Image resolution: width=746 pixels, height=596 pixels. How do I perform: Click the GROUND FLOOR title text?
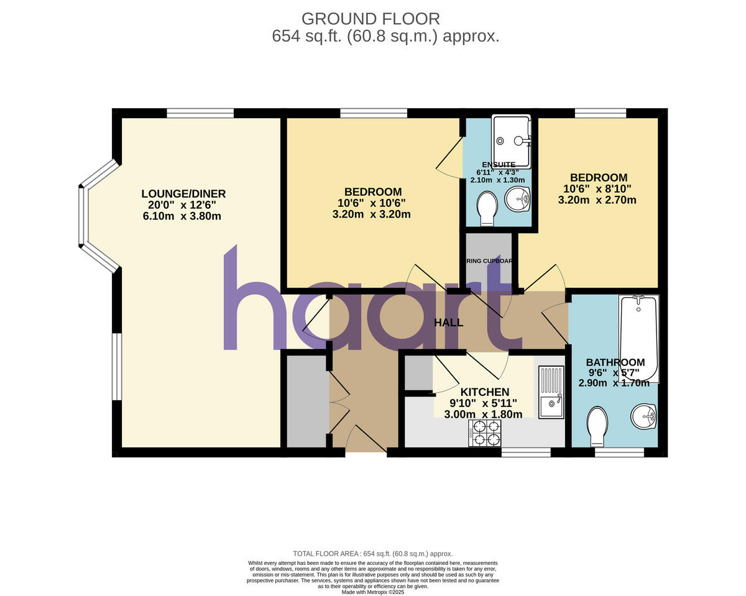point(371,19)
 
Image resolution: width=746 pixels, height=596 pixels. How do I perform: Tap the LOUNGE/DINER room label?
point(183,194)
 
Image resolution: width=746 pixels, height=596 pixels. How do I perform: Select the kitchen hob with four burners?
point(485,433)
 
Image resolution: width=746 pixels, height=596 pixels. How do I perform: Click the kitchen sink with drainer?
point(551,393)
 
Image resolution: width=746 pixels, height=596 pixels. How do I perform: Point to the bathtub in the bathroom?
point(638,338)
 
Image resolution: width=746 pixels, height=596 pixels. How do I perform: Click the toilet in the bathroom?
point(597,426)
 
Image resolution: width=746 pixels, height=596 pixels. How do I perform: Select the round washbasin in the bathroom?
point(643,416)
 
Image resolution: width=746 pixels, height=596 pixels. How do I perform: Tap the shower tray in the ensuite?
point(511,141)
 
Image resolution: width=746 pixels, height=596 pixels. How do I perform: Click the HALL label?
point(448,323)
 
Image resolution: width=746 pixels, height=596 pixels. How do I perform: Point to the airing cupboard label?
point(489,261)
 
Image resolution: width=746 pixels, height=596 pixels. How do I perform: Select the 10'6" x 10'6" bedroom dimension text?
point(371,203)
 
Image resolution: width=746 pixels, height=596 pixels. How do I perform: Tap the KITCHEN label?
point(484,392)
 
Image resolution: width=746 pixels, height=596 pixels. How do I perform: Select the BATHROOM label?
point(615,362)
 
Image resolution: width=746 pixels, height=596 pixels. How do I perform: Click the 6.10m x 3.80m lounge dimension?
point(182,216)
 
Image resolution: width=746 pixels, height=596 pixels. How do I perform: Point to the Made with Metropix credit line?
point(373,592)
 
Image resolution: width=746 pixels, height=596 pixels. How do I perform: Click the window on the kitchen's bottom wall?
point(525,452)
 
